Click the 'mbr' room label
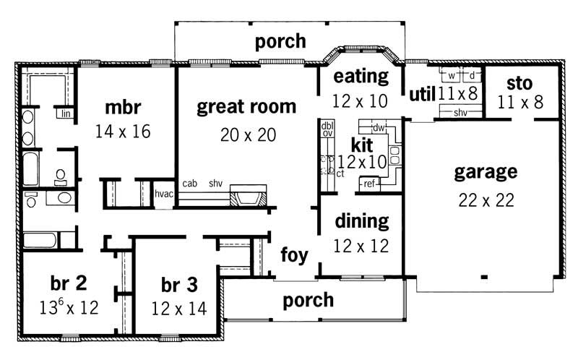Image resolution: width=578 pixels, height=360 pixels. (122, 108)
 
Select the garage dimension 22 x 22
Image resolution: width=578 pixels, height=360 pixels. (486, 200)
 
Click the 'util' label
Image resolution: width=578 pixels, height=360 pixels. (421, 94)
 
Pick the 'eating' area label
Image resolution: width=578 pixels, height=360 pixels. (360, 77)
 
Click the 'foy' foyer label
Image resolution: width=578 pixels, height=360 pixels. (295, 255)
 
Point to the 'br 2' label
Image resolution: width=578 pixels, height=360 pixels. (69, 282)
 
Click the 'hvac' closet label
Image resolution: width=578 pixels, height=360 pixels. (164, 193)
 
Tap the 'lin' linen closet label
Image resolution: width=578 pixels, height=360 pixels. (65, 113)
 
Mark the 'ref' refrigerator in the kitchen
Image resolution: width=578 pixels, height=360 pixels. (369, 184)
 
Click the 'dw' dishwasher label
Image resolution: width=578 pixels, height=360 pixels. (378, 128)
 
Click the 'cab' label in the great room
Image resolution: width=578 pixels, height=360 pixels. (190, 183)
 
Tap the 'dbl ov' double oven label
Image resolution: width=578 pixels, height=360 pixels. (327, 129)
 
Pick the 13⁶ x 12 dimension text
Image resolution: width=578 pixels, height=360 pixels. (69, 307)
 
